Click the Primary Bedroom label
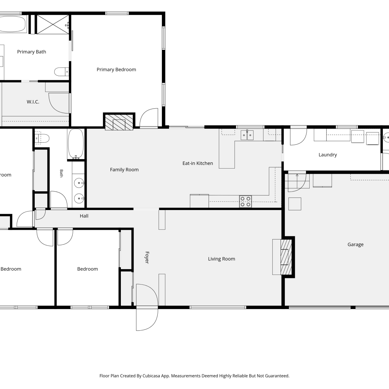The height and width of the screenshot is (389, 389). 116,70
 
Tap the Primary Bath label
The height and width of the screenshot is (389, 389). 32,52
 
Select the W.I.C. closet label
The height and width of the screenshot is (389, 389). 33,102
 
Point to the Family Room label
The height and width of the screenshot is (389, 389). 124,170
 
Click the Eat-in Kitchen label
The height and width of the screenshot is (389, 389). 198,163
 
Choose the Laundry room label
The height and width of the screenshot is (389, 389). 328,155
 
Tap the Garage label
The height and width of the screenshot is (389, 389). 356,245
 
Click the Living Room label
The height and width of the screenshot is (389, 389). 221,259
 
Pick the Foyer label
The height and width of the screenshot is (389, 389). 147,258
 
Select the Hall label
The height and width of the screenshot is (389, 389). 84,216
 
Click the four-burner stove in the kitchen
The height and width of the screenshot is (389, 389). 245,202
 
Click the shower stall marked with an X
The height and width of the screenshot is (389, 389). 53,24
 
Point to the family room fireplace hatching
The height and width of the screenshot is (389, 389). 119,122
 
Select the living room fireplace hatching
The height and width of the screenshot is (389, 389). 286,257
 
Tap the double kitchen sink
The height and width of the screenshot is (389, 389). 247,135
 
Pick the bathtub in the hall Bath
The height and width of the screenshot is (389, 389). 76,144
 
